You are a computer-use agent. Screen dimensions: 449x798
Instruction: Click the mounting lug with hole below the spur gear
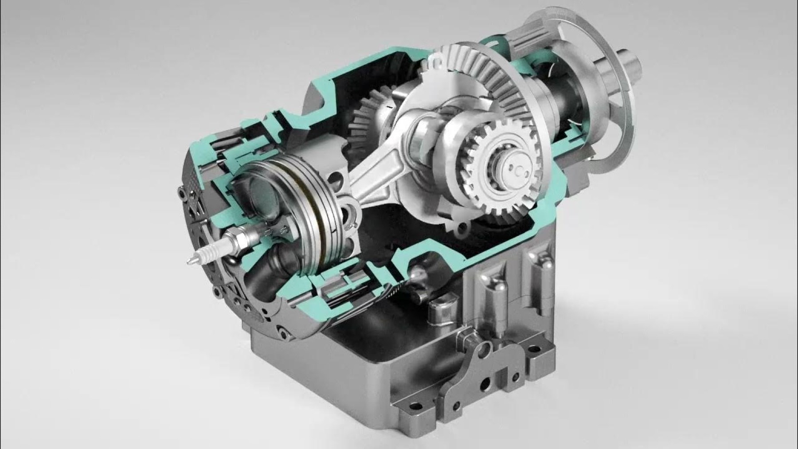pyautogui.click(x=462, y=229)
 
